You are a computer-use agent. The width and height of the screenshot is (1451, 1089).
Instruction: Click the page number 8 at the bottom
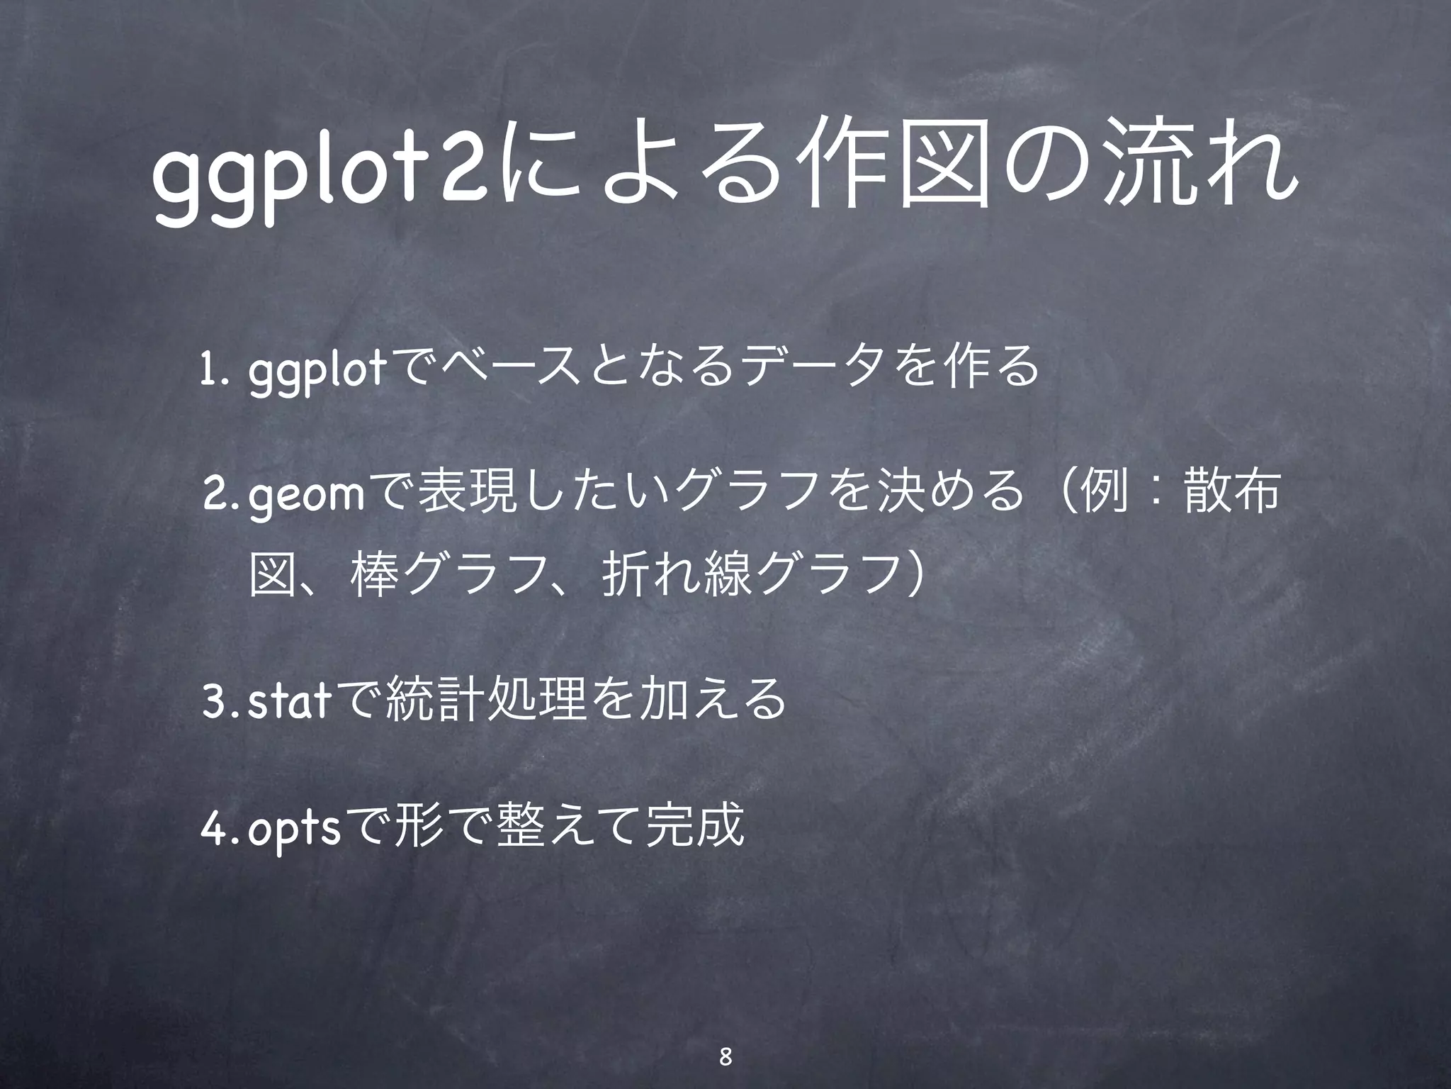[x=724, y=1038]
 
